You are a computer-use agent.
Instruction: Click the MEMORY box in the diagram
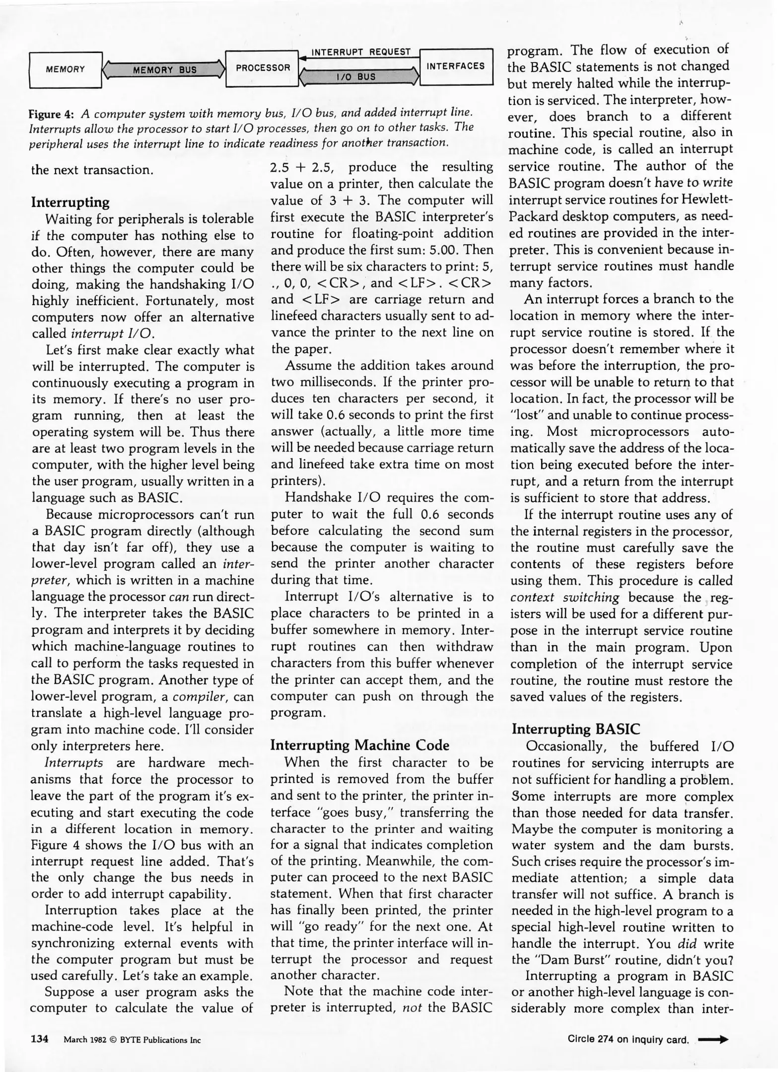coord(66,69)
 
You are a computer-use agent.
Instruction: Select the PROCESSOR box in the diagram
coord(263,68)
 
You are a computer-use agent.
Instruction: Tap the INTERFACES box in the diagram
coord(456,66)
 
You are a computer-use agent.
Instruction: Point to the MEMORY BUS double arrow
coord(164,69)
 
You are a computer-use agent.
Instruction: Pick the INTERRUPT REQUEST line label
coord(361,52)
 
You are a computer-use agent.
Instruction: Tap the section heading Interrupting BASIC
coord(576,729)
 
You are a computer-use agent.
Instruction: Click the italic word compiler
coord(201,696)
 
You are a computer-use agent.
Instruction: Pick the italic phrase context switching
coord(565,598)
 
